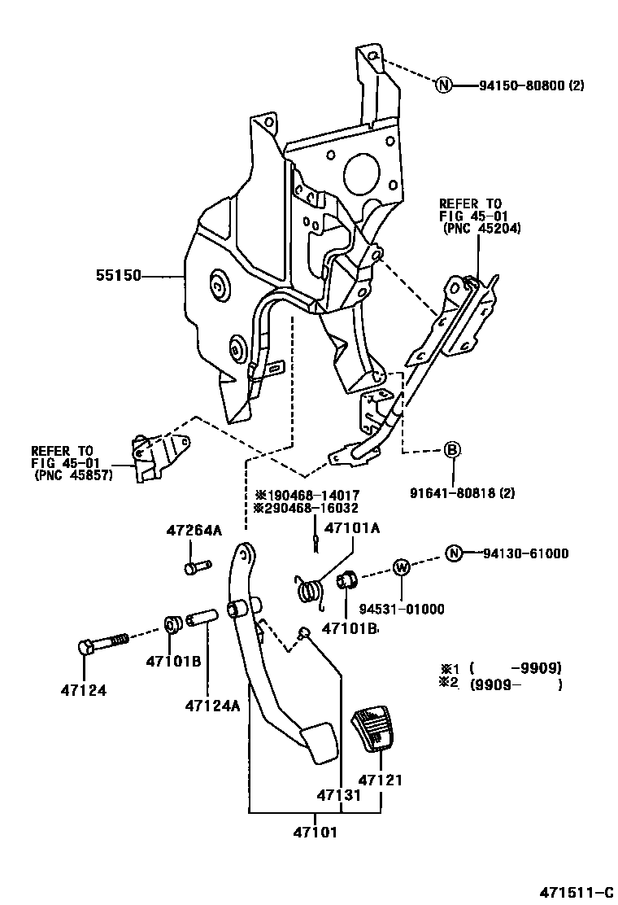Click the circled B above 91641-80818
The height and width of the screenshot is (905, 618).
point(452,450)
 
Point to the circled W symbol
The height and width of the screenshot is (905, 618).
point(402,566)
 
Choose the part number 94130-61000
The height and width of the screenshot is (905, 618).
point(523,553)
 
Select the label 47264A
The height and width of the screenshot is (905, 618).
point(194,530)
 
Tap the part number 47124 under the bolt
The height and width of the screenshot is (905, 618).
point(83,691)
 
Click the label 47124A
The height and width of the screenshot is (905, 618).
point(212,705)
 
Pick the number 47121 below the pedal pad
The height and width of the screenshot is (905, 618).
point(382,779)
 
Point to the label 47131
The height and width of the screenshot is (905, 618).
point(339,795)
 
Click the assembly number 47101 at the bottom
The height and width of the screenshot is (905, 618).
point(316,833)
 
